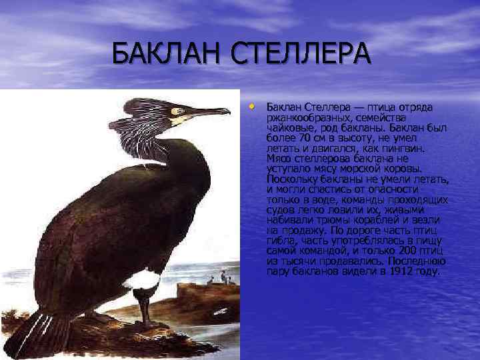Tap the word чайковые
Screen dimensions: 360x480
pos(289,127)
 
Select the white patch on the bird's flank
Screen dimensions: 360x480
pos(142,280)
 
